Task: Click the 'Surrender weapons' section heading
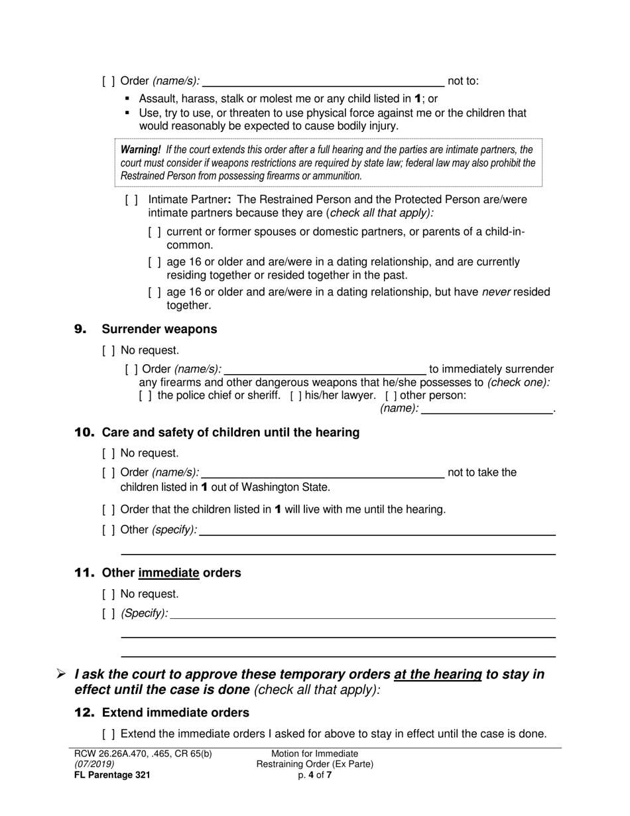(x=159, y=329)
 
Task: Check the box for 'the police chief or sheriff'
(x=145, y=396)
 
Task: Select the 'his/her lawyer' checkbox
(x=296, y=396)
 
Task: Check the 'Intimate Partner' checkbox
(x=131, y=200)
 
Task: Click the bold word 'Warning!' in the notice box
(x=141, y=150)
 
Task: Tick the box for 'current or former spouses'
(x=155, y=232)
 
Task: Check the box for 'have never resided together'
(x=155, y=293)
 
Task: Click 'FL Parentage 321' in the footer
(x=112, y=774)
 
